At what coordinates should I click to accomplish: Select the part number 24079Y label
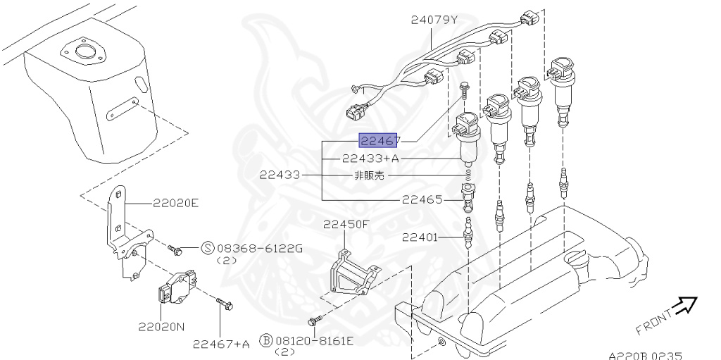point(434,20)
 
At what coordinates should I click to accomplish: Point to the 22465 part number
point(422,199)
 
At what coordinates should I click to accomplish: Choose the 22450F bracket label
point(346,225)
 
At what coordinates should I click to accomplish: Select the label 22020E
point(176,204)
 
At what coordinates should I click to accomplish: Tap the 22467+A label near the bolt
point(222,344)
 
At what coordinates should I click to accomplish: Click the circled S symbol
point(208,248)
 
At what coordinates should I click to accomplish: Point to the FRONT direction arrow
point(683,305)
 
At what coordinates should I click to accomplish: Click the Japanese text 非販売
point(369,175)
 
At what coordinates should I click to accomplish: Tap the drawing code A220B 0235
point(645,356)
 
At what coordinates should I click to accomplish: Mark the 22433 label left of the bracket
point(280,175)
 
